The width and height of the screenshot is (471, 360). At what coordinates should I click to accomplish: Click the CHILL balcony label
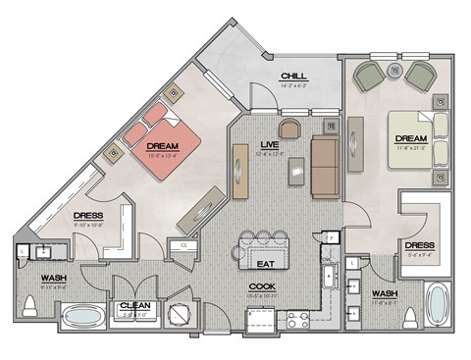coord(292,76)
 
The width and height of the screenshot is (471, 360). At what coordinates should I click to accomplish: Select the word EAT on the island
coord(263,264)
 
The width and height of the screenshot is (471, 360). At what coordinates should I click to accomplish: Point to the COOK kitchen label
coord(262,286)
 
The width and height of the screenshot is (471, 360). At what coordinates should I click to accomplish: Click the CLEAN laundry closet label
coord(133,306)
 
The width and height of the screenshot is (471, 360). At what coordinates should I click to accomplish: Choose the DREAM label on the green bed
coord(409,139)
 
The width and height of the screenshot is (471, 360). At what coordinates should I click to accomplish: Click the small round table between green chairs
coord(394,70)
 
